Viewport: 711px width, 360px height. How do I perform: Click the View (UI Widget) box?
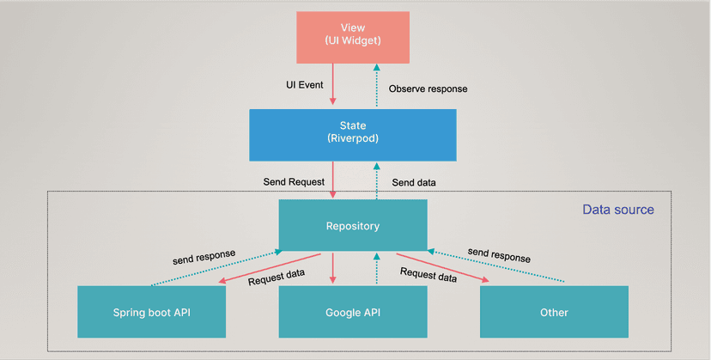point(353,37)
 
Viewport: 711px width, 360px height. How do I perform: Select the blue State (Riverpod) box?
point(353,134)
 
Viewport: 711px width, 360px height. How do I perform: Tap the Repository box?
point(353,226)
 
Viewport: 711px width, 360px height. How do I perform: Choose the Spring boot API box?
point(151,312)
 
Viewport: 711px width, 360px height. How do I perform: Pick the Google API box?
point(353,312)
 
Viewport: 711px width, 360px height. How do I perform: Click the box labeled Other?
point(554,312)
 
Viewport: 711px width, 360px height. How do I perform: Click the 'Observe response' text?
point(428,88)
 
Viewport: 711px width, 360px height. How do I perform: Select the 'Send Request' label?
point(294,182)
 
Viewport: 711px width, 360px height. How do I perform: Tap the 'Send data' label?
point(414,182)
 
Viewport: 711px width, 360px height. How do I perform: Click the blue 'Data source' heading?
point(617,210)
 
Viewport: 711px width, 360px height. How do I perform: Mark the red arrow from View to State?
point(332,85)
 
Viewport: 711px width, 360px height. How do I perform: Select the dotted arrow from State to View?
point(374,85)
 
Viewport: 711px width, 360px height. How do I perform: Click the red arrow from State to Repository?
point(332,180)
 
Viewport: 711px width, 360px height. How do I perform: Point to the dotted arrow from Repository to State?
point(374,180)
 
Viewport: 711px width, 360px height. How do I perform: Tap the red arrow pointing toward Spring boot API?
point(266,268)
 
